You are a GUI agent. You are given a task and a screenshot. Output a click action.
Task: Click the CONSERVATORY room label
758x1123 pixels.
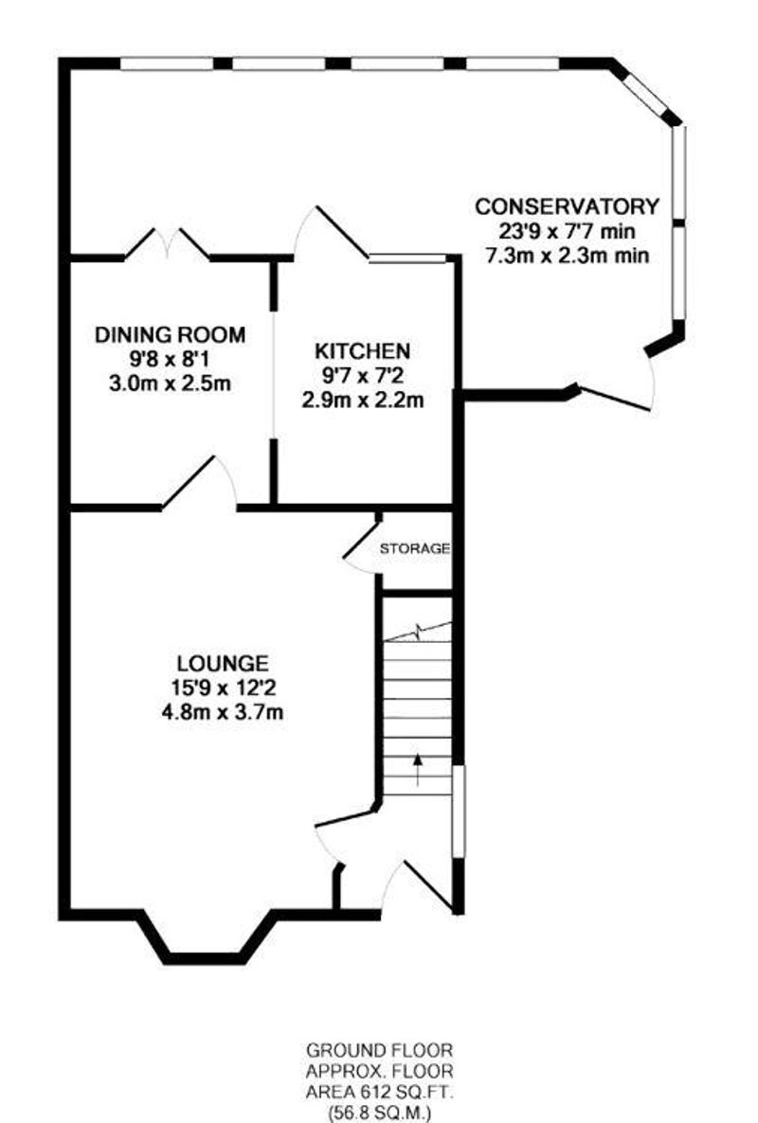567,206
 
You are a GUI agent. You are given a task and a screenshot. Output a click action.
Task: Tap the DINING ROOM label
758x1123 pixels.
170,334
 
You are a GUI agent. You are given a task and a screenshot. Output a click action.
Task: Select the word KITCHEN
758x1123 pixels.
363,351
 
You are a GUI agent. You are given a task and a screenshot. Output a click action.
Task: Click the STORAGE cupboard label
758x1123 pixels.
415,549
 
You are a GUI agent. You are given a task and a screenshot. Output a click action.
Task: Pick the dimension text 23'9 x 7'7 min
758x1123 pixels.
567,231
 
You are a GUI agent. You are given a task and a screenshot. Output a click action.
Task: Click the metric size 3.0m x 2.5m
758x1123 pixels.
170,383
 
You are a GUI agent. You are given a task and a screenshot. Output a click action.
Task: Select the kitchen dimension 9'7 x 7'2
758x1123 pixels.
363,375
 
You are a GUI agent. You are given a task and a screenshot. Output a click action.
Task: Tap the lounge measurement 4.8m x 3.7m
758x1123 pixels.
223,713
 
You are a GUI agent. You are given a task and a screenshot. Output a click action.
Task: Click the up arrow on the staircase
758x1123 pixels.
418,770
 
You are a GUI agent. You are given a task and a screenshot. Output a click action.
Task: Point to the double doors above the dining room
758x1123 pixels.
167,243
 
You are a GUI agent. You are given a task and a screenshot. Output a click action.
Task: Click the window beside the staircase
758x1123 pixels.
460,811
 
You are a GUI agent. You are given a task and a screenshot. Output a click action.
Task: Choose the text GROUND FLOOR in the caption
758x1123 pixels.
380,1051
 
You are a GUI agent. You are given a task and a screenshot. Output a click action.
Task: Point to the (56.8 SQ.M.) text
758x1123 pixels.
380,1114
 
